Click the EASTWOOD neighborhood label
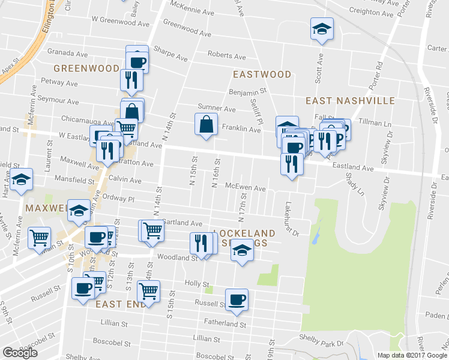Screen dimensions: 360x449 pos(262,74)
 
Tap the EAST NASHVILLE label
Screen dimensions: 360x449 pos(350,100)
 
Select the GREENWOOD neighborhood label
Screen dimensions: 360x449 pos(86,68)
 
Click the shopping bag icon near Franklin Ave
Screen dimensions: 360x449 pos(206,124)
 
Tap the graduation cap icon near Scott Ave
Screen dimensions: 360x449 pos(322,28)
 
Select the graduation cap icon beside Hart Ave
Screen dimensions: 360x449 pos(21,179)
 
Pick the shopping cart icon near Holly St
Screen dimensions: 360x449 pos(148,292)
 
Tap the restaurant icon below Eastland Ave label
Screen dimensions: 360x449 pos(292,163)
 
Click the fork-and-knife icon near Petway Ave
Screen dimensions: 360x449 pos(131,79)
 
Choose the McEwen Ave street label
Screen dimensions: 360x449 pos(245,188)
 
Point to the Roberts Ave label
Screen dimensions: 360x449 pos(226,56)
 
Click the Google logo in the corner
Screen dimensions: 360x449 pos(20,353)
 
